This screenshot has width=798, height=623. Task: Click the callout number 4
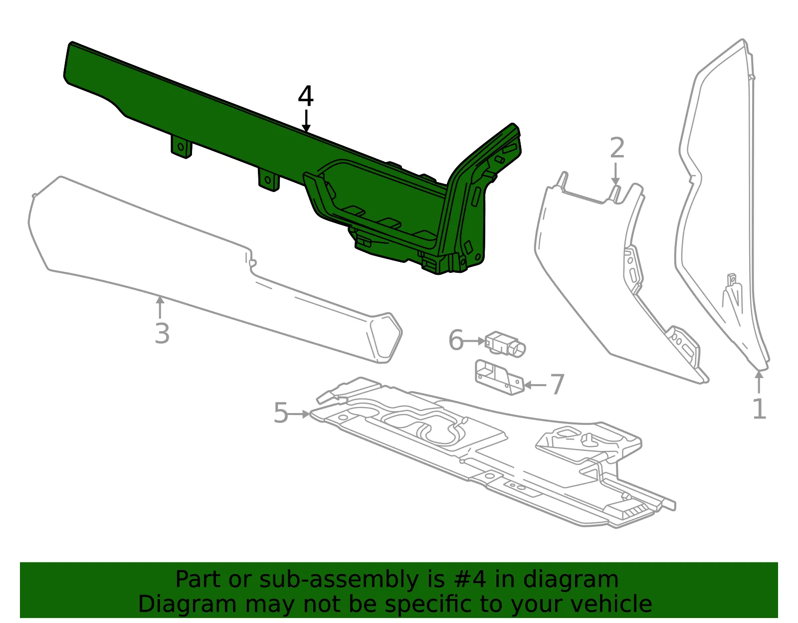(x=306, y=96)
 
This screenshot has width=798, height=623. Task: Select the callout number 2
(x=617, y=148)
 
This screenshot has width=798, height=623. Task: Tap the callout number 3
(x=162, y=333)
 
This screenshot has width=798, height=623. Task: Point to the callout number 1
(x=759, y=409)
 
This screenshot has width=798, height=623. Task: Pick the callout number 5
(x=281, y=413)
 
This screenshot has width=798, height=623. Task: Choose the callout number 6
(x=456, y=340)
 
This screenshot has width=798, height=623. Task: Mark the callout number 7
(x=558, y=385)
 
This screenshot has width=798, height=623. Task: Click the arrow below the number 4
(x=306, y=121)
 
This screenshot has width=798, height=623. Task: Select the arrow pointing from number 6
(x=474, y=341)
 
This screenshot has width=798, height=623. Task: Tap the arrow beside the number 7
(x=536, y=385)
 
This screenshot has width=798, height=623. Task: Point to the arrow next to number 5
(x=299, y=414)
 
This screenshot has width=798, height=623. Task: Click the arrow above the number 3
(x=160, y=308)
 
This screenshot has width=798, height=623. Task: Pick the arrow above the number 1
(x=759, y=383)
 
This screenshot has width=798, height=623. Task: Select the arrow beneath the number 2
(x=615, y=173)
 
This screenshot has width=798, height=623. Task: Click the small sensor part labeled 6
(x=505, y=343)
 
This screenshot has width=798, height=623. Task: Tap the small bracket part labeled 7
(x=500, y=377)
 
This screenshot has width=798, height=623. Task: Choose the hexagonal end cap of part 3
(x=386, y=338)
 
